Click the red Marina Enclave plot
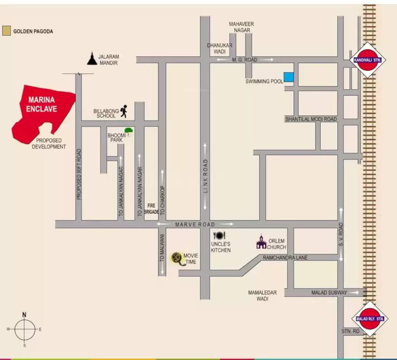point(42,112)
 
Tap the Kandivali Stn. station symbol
point(368,60)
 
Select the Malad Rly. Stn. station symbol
point(370,319)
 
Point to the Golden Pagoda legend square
point(6,31)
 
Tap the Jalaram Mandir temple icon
point(92,59)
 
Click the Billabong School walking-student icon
point(123,112)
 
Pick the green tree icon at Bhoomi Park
point(128,132)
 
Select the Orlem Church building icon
point(261,242)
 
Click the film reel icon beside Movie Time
point(177,258)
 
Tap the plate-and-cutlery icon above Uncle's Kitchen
point(220,236)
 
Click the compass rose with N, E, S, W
point(24,329)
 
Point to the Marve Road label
point(195,225)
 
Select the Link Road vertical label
point(205,176)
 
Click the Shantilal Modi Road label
point(311,119)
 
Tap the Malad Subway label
point(329,292)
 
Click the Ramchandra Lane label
point(285,257)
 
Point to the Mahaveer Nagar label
point(240,27)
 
